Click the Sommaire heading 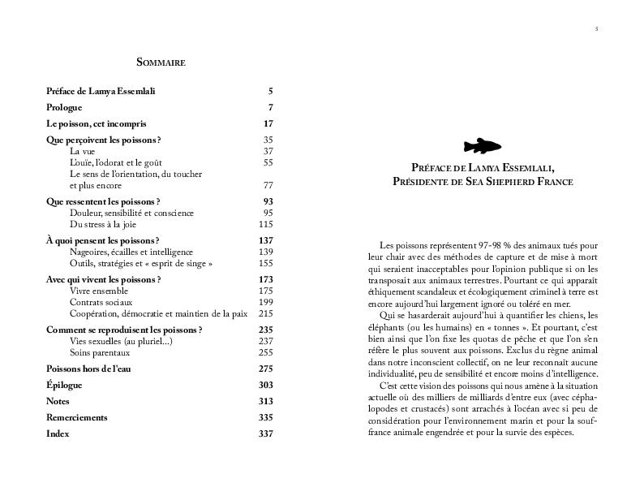161,62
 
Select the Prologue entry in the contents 65,108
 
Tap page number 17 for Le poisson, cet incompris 268,124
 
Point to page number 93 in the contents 268,201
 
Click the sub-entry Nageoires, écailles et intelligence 131,252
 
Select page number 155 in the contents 266,263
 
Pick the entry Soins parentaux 100,352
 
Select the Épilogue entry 65,385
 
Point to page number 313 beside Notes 266,401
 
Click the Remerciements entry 77,417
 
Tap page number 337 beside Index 266,433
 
